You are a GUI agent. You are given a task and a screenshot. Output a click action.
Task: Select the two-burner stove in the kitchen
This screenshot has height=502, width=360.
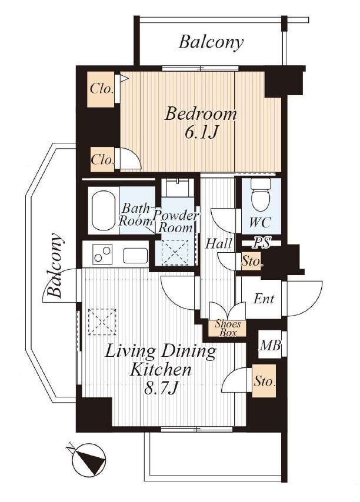click(x=102, y=253)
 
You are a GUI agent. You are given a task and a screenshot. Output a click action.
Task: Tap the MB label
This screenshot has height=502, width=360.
click(x=270, y=346)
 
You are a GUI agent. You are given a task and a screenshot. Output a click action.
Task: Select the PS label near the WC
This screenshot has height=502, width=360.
click(x=262, y=242)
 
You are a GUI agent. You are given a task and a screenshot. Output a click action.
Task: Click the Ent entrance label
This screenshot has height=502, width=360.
click(x=264, y=299)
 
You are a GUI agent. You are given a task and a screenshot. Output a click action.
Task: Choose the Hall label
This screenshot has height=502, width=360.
click(x=218, y=243)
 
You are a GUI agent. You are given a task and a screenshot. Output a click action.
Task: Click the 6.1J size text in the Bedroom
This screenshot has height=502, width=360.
click(x=201, y=132)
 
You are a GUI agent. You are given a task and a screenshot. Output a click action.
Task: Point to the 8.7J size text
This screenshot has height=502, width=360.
click(x=161, y=389)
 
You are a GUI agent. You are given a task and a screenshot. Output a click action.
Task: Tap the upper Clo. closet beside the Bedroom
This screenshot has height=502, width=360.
click(x=101, y=89)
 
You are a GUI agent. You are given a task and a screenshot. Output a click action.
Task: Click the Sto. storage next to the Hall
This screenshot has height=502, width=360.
click(x=251, y=261)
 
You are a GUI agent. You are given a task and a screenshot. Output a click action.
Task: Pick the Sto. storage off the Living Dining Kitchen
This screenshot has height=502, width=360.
click(x=264, y=381)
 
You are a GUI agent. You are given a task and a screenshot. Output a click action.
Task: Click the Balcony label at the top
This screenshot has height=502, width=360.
click(x=211, y=42)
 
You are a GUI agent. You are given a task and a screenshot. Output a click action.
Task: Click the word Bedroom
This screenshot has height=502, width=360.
click(x=201, y=114)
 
